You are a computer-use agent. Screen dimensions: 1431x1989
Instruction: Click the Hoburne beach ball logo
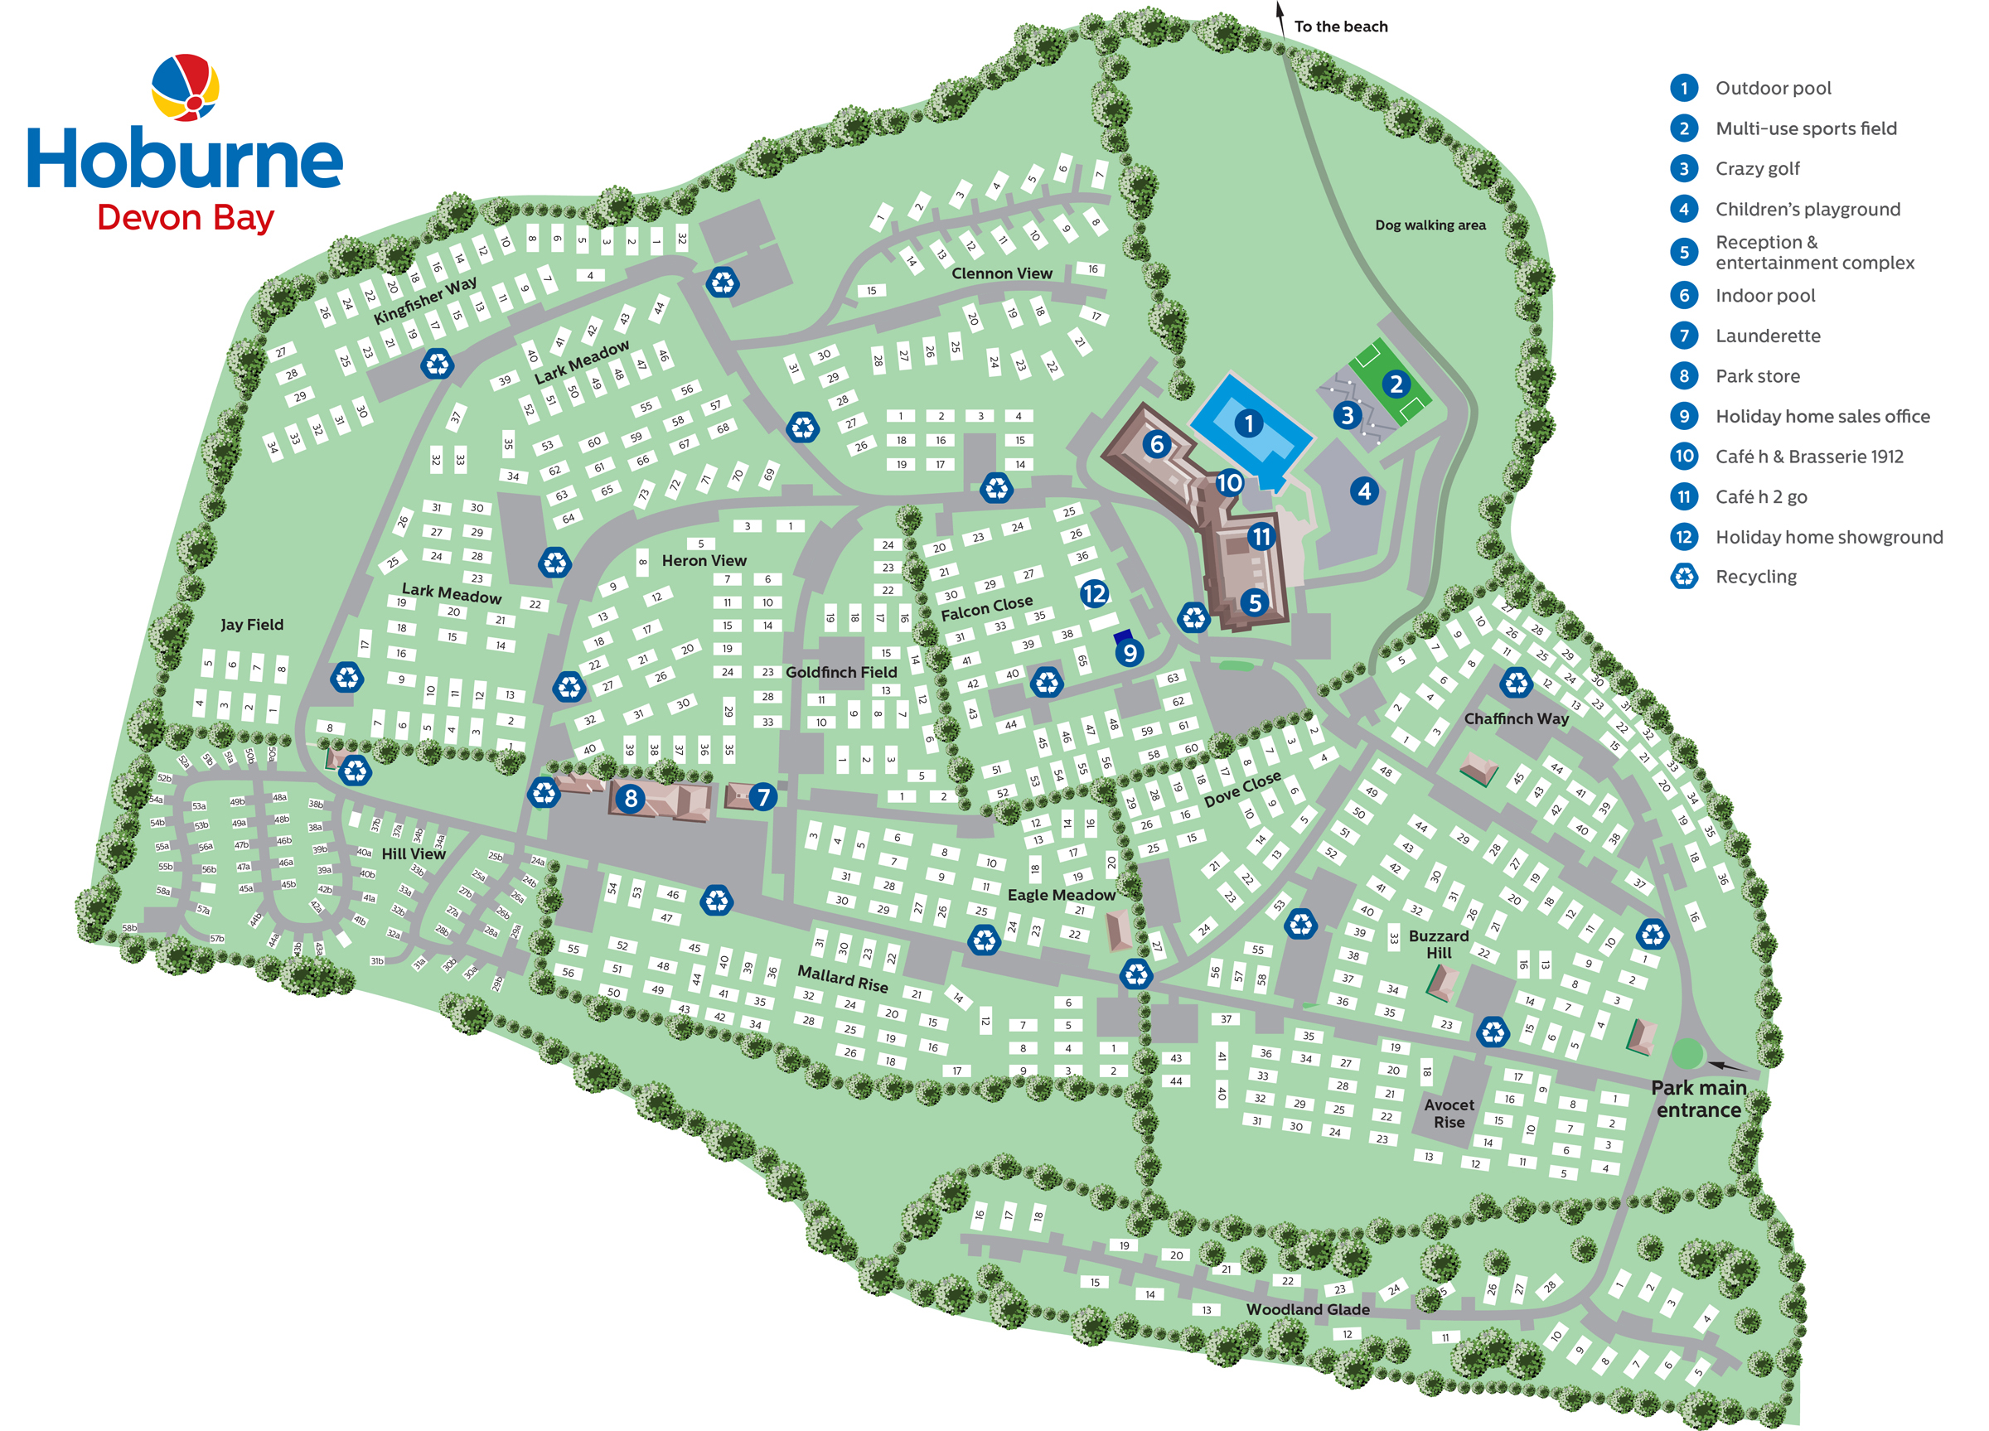[185, 87]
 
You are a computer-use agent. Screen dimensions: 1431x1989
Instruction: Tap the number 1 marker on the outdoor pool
[1248, 423]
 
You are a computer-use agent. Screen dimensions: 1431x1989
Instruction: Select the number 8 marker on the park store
[630, 798]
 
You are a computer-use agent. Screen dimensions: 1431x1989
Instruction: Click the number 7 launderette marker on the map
[763, 796]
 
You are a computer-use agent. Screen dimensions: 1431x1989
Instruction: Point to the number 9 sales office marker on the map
[1130, 652]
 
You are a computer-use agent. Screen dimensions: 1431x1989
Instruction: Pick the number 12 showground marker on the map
[1094, 593]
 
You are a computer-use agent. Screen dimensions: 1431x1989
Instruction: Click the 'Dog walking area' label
[1430, 225]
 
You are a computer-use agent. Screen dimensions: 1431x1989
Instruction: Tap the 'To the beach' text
[1340, 27]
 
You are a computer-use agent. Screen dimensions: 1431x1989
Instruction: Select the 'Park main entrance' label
[1698, 1099]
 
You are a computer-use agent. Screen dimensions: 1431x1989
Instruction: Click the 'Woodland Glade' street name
[1307, 1309]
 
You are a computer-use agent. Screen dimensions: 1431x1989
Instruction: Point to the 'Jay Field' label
[252, 624]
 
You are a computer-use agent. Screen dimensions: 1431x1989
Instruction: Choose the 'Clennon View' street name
[1001, 273]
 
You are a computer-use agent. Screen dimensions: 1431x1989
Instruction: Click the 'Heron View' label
[704, 560]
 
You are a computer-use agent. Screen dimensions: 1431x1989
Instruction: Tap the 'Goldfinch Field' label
[841, 672]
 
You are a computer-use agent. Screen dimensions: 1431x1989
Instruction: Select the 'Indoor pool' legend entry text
[1764, 296]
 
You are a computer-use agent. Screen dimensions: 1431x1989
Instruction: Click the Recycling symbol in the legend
[1684, 576]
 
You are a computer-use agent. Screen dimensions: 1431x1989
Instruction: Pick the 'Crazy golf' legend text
[1757, 168]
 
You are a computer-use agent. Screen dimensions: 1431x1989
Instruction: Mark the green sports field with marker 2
[1390, 383]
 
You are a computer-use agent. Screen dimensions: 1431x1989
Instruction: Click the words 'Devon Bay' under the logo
[185, 216]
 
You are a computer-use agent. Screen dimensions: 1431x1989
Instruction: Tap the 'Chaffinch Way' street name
[1516, 718]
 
